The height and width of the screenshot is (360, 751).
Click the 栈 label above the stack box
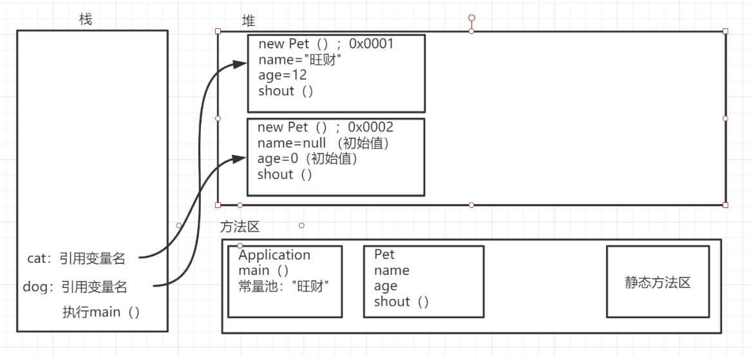[x=85, y=20]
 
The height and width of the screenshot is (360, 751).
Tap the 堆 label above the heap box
[x=248, y=21]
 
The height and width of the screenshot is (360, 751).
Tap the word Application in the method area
[x=274, y=255]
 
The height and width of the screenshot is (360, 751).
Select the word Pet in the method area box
[x=385, y=255]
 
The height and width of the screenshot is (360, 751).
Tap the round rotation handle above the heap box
[x=471, y=17]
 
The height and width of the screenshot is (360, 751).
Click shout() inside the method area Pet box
[x=401, y=301]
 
